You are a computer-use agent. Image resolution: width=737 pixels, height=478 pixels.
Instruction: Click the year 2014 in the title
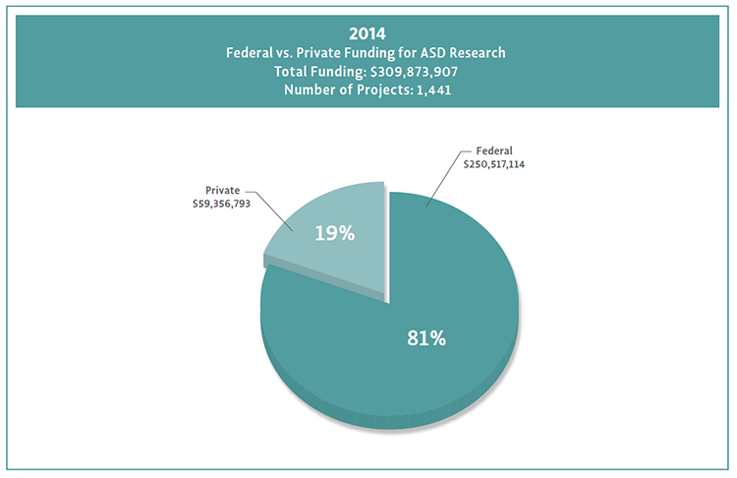368,31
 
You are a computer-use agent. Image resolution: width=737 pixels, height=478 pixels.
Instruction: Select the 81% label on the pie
426,338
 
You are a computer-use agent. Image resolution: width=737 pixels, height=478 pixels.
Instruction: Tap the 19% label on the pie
334,234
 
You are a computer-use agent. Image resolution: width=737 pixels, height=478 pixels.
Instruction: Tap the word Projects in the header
369,91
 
